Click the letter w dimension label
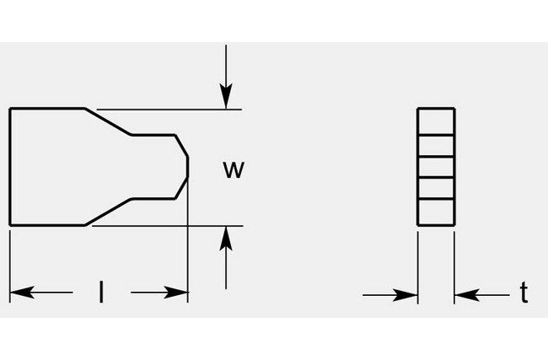(233, 169)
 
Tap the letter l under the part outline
(101, 293)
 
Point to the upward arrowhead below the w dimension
(225, 237)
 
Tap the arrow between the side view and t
(465, 295)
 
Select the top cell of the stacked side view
(437, 121)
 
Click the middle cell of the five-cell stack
(437, 167)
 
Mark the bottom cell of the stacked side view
(437, 213)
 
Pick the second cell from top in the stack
(437, 144)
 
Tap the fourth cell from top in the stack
(437, 191)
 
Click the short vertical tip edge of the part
(187, 167)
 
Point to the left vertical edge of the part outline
(9, 167)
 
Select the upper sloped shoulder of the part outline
(108, 121)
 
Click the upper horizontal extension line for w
(169, 110)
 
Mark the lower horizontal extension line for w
(169, 225)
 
